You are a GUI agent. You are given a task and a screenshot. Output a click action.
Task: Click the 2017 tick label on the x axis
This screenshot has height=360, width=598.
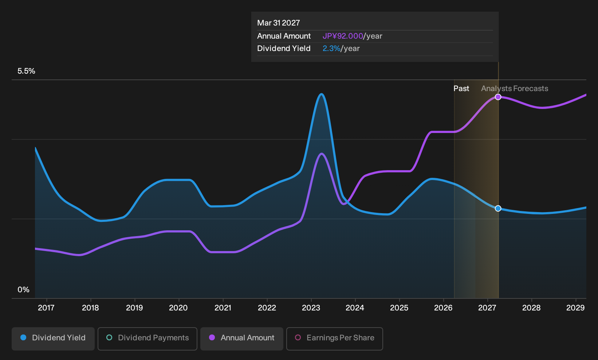tap(46, 308)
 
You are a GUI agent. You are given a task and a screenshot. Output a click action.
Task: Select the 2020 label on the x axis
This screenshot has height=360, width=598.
tap(178, 308)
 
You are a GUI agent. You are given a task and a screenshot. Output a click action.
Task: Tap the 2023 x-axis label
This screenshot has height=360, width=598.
tap(311, 308)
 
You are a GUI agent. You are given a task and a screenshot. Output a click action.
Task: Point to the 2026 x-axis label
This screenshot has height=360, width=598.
tap(443, 308)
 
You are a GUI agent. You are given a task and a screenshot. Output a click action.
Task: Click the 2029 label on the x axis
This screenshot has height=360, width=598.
tap(575, 308)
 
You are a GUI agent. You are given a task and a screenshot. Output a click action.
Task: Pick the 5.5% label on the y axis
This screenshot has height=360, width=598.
tap(26, 71)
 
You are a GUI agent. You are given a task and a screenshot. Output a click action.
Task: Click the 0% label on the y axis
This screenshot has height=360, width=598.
tap(24, 290)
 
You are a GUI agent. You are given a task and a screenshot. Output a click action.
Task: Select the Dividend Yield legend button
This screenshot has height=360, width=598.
tap(53, 339)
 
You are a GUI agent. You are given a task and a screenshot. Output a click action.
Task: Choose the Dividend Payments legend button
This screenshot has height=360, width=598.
tap(147, 339)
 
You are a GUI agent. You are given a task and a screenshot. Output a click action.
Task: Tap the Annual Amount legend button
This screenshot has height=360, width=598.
tap(241, 339)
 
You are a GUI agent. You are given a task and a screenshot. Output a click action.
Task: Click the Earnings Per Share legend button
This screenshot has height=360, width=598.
tap(334, 339)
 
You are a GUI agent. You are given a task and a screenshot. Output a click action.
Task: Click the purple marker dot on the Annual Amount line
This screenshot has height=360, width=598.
tap(498, 97)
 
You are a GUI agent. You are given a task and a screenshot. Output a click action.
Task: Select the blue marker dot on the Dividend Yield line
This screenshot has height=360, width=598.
tap(498, 208)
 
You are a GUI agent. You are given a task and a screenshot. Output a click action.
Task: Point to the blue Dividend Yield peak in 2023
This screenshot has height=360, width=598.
tap(322, 94)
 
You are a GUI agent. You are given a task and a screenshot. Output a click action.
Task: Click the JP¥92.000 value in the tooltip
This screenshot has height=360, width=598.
tap(343, 36)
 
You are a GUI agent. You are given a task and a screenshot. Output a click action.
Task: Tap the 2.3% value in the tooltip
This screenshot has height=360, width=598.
tap(331, 48)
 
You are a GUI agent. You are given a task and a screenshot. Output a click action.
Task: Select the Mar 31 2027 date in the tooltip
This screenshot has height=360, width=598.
tap(279, 23)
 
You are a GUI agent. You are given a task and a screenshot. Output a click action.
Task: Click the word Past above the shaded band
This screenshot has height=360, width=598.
tap(461, 89)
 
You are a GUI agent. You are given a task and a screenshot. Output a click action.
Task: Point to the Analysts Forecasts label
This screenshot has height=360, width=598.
tap(515, 89)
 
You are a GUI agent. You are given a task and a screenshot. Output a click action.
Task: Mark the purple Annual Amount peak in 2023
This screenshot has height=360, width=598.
tap(322, 154)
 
